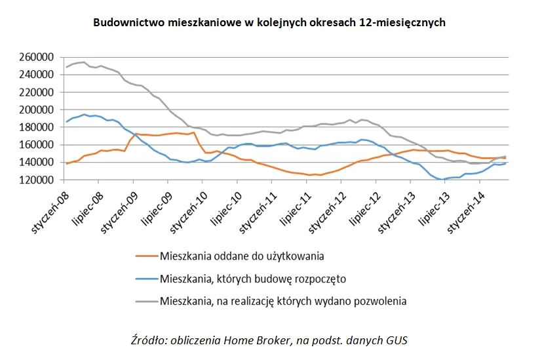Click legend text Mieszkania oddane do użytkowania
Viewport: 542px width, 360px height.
[242, 256]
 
